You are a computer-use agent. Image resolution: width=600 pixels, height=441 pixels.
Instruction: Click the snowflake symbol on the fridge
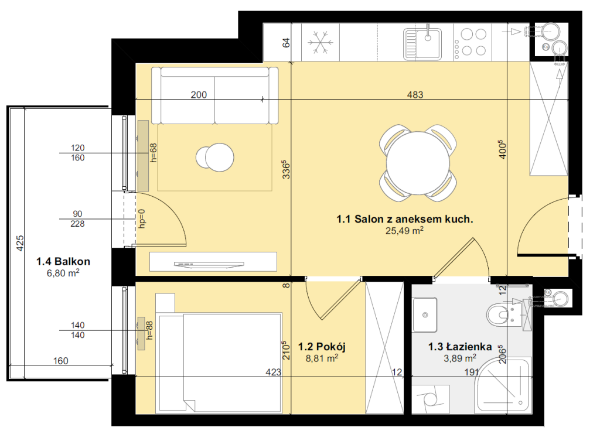point(321,42)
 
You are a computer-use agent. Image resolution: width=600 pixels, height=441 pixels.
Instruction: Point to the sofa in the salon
point(214,95)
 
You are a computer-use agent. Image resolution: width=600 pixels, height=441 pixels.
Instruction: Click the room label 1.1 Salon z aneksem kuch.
point(404,219)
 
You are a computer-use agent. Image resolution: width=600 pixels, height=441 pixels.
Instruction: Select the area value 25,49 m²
point(404,230)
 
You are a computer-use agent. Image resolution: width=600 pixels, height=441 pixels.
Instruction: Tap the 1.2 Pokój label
point(322,347)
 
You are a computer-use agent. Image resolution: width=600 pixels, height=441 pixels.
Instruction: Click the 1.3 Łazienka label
point(459,347)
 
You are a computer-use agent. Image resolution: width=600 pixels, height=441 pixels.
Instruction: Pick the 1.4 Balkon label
point(63,262)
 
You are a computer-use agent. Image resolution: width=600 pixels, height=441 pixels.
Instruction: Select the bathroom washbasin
point(425,314)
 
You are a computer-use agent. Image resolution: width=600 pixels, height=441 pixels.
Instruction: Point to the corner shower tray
point(503,386)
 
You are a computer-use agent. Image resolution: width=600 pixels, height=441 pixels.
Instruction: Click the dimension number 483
point(415,94)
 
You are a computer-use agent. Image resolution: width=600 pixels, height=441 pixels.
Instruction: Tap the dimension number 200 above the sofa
point(199,94)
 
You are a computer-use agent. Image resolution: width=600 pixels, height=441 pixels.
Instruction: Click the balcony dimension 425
point(19,243)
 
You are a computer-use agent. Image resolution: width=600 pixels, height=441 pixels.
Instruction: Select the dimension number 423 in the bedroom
point(273,372)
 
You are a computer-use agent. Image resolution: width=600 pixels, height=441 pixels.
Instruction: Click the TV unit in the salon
point(213,262)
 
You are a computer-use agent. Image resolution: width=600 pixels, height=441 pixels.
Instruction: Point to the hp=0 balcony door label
point(142,219)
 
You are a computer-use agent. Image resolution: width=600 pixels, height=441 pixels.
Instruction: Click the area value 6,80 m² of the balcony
point(63,273)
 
